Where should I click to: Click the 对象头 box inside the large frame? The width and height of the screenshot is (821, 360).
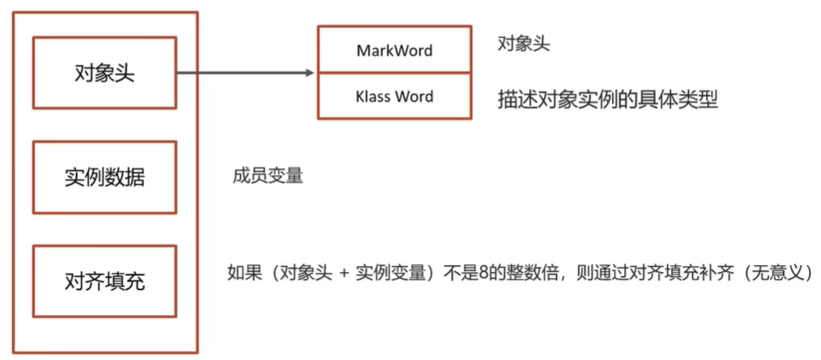pyautogui.click(x=104, y=73)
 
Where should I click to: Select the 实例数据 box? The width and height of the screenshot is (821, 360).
pyautogui.click(x=104, y=177)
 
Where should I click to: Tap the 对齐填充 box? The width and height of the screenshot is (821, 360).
pyautogui.click(x=104, y=281)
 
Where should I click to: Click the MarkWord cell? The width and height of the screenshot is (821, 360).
pyautogui.click(x=395, y=50)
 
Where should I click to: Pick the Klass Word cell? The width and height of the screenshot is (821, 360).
pyautogui.click(x=395, y=96)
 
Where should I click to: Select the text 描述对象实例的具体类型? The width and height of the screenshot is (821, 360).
pyautogui.click(x=608, y=98)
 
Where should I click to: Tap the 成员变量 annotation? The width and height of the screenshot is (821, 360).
pyautogui.click(x=268, y=176)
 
